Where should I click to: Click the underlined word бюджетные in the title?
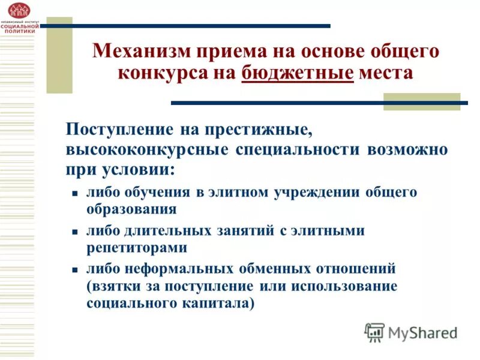[x=298, y=74]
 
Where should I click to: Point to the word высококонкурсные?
[x=146, y=149]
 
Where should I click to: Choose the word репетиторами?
[x=137, y=247]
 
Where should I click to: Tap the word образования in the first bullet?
[x=131, y=209]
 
